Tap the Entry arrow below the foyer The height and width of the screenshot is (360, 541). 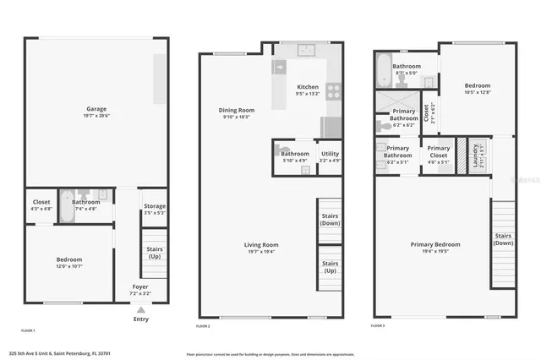(140, 309)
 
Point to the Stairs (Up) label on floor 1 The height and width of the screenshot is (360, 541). (154, 252)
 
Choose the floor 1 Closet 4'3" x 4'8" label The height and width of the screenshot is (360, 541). (41, 205)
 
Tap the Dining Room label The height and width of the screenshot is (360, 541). (237, 113)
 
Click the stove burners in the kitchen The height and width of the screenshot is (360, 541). (332, 89)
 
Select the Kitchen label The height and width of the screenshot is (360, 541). (307, 90)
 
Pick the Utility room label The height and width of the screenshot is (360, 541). (330, 156)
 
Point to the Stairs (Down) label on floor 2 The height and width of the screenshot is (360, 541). (330, 220)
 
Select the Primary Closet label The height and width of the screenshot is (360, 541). (438, 152)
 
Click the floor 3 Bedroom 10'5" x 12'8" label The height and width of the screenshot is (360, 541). (477, 89)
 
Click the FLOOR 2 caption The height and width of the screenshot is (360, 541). (203, 325)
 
